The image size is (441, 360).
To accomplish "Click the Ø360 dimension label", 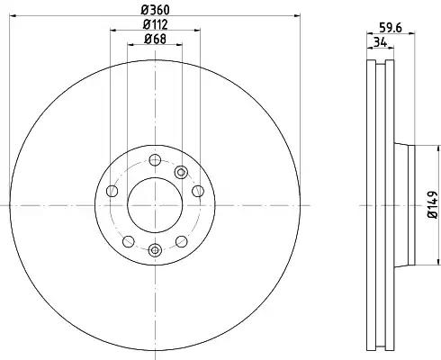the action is coord(155,10).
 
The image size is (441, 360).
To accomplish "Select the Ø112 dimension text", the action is coord(155,24).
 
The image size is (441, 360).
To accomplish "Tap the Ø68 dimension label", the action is coord(155,39).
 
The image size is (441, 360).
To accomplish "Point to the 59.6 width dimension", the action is coord(391,28).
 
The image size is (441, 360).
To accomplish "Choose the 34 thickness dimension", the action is coord(381,42).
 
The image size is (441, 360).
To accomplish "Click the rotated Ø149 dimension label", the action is coord(433,204).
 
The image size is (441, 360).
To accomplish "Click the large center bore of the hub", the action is coord(155,205).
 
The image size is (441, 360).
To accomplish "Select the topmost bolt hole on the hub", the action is coord(155,160).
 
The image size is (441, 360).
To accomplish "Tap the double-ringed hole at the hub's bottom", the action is coord(155,249).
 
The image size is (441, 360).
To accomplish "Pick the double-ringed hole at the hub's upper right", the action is coord(181,172).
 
